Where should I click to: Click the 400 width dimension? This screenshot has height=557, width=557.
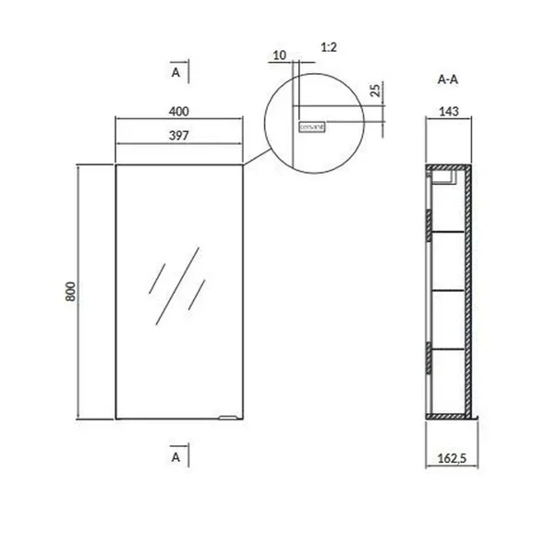179,112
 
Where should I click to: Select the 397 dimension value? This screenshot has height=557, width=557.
179,137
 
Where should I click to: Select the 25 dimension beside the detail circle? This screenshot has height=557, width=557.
374,90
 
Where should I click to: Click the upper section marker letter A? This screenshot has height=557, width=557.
176,71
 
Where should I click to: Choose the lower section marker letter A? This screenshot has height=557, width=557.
176,456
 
